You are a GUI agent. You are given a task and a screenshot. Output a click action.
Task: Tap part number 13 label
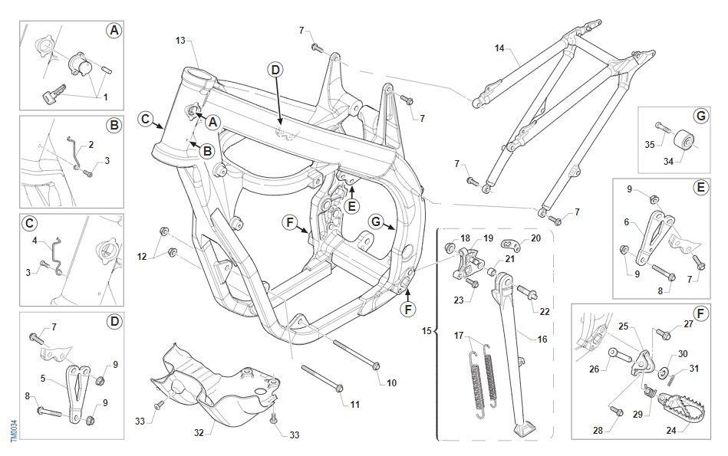coord(180,39)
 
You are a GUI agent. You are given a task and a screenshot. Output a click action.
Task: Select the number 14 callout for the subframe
coord(499,48)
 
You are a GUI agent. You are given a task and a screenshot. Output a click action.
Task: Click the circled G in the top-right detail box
coord(700,116)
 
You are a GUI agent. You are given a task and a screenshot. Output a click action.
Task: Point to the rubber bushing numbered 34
coord(683,143)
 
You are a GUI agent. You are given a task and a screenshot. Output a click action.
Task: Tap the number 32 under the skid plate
coord(199,432)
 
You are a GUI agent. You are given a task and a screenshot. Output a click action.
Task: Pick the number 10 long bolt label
coord(392,382)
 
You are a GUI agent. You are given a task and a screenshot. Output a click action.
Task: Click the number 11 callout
coord(354,404)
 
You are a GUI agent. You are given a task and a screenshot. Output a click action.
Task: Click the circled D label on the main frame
coord(275,70)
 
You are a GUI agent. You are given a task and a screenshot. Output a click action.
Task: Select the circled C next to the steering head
coord(145,118)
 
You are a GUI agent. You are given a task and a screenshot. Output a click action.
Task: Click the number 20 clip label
coord(536,238)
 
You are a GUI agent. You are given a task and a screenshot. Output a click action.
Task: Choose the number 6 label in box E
coord(627,222)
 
